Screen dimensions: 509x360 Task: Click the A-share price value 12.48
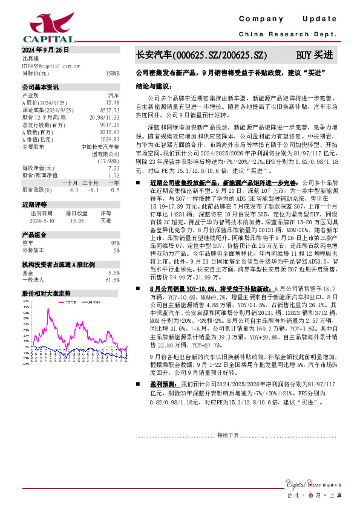click(x=113, y=103)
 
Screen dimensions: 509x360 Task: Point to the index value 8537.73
click(x=110, y=110)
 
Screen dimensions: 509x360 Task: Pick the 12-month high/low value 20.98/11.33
click(x=105, y=117)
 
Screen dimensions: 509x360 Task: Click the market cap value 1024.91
click(x=110, y=139)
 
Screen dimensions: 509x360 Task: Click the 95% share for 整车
click(x=115, y=242)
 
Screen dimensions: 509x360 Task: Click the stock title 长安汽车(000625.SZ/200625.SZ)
click(x=200, y=55)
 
